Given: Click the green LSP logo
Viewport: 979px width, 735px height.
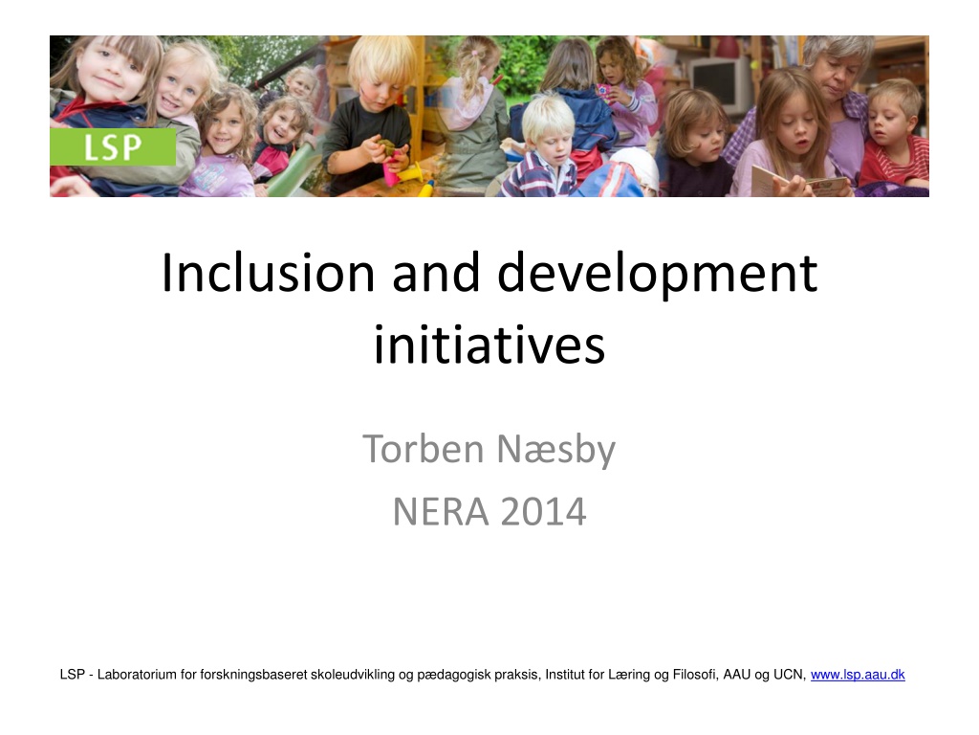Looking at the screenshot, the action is click(113, 146).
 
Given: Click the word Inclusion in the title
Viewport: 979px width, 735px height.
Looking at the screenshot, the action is click(268, 273).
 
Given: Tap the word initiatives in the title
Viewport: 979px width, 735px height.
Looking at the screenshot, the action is click(489, 344).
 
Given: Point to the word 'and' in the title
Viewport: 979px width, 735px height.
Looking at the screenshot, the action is click(436, 273).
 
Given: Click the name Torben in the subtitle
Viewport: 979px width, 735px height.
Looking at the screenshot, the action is click(423, 449).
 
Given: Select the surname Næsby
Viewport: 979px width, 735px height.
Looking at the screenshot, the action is click(555, 450).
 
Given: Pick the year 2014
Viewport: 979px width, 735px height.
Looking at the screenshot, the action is click(543, 512).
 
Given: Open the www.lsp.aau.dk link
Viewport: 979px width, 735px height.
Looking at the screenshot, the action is click(858, 675).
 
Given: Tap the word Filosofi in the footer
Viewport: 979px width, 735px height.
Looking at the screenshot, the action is click(695, 675).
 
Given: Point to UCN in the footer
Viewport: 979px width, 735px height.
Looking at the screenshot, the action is click(790, 675).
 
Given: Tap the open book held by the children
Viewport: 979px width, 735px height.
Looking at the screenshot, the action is click(799, 181).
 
